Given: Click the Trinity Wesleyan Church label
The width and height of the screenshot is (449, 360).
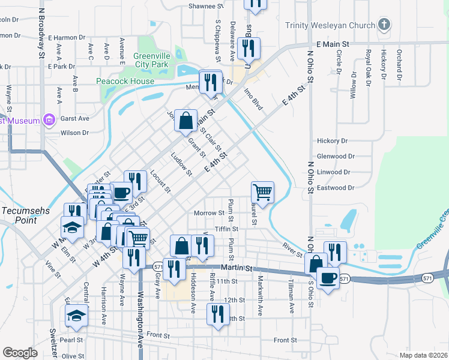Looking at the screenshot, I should point(329,25).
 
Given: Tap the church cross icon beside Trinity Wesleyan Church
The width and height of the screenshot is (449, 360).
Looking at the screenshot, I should point(384,25).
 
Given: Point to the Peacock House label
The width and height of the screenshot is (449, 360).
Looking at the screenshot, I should point(121,80).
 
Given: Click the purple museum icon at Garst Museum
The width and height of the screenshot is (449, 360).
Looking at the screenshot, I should point(49,120).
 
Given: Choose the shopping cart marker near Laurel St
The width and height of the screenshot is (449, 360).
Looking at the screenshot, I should point(263,193).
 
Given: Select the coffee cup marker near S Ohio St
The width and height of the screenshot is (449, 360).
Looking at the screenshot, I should point(328,278).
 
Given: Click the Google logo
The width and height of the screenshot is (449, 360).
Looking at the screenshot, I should point(20,353).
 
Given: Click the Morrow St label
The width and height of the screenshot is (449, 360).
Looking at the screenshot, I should point(208,213).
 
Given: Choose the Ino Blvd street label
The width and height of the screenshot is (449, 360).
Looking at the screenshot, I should point(253,100).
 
